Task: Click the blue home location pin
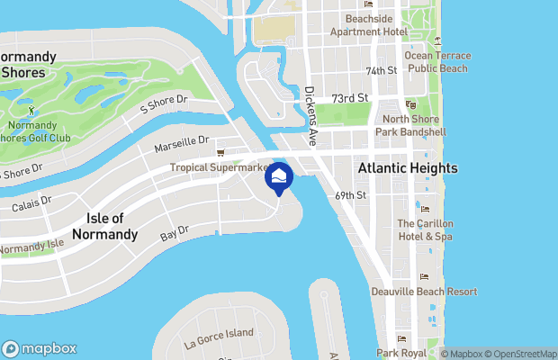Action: click(279, 177)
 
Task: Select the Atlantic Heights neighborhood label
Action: click(407, 168)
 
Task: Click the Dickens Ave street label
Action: click(311, 116)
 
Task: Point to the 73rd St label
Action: click(350, 98)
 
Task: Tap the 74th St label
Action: click(381, 70)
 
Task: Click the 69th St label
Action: click(350, 194)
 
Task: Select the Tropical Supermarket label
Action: click(226, 167)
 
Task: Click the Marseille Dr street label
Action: click(181, 140)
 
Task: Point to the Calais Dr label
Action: click(32, 205)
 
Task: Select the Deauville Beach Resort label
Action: click(424, 292)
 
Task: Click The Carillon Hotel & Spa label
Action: click(426, 229)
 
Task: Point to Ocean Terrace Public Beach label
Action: click(437, 61)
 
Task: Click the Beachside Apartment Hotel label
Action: click(369, 24)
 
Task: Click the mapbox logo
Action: click(39, 348)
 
